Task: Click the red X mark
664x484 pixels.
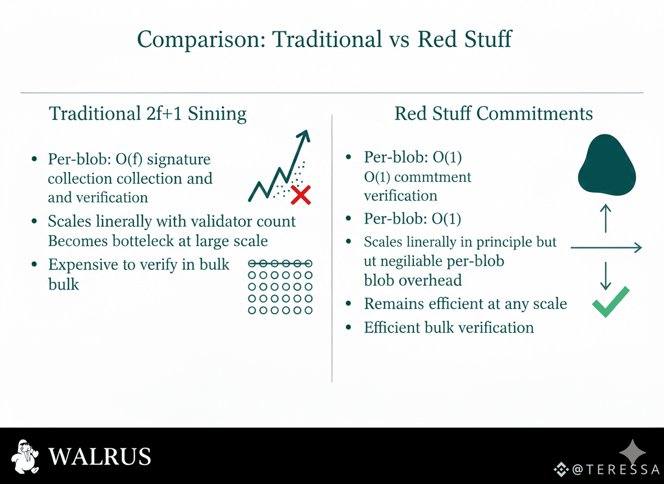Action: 301,195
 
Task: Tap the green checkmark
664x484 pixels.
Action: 611,301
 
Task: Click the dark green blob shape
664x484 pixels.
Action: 607,165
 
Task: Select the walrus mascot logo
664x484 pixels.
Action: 25,457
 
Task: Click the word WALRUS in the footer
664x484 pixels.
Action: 99,457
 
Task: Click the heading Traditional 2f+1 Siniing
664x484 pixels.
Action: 147,114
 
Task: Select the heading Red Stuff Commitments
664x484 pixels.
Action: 494,113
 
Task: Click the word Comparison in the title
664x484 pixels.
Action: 201,39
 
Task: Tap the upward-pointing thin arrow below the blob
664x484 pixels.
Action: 606,218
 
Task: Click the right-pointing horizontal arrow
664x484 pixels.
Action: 606,248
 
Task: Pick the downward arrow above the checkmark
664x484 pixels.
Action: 606,276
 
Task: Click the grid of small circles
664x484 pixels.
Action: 280,287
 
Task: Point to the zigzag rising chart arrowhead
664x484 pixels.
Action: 305,136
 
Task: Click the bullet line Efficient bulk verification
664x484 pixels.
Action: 449,328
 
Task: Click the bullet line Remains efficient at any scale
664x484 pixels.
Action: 465,304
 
